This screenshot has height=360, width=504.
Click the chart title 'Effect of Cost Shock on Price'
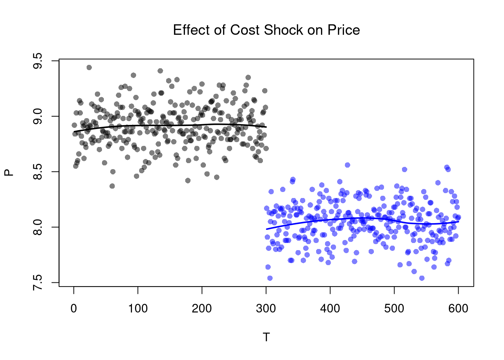tap(266, 30)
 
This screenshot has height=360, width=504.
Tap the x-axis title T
tap(266, 337)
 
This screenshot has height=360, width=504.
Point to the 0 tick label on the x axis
tap(74, 309)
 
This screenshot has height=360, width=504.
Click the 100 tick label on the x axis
tap(138, 309)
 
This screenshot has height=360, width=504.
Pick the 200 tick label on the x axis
tap(202, 309)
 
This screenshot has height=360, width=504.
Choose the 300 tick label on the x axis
tap(266, 309)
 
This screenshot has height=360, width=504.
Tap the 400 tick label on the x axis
tap(330, 309)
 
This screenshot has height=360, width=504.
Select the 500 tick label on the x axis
tap(394, 309)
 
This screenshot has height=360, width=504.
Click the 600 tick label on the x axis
tap(458, 309)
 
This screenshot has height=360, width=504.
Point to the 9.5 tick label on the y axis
tap(38, 61)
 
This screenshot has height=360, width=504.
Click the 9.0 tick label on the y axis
tap(38, 116)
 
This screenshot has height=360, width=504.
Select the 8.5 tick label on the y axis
tap(38, 172)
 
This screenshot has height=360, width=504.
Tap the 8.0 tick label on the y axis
tap(38, 227)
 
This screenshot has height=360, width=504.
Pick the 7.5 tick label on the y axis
tap(38, 282)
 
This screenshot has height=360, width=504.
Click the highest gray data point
tap(89, 67)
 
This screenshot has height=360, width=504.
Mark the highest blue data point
tap(347, 165)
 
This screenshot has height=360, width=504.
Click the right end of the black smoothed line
tap(266, 127)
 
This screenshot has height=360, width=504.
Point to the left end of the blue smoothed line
tap(267, 229)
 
